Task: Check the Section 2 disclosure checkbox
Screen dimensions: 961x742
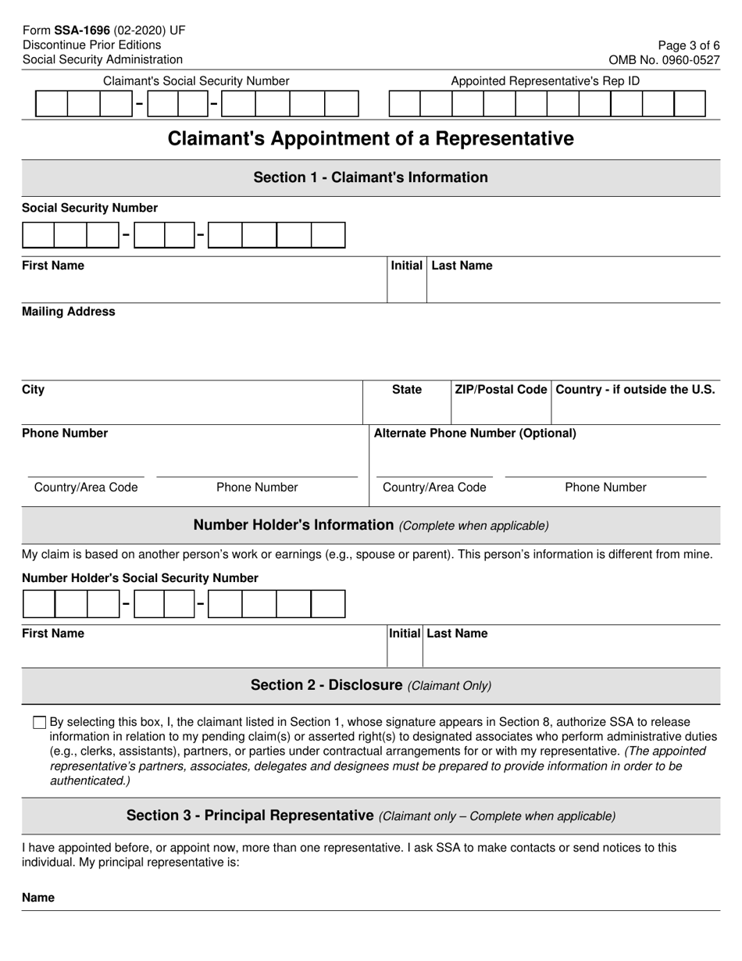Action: point(40,723)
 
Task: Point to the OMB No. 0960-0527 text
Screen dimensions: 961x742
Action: point(664,59)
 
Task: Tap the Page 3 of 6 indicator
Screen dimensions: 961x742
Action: point(687,45)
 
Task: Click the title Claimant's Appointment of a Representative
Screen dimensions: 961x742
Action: point(370,138)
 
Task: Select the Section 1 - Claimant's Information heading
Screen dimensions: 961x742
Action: point(370,177)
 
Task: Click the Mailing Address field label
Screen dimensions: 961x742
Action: point(68,312)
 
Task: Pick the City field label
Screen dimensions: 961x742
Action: point(34,390)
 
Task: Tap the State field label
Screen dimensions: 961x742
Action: point(406,390)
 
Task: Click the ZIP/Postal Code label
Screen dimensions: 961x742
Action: point(501,390)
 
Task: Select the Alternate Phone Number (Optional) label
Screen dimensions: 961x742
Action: point(475,433)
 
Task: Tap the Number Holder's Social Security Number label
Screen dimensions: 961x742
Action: point(140,578)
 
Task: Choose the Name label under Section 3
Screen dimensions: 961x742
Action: point(38,898)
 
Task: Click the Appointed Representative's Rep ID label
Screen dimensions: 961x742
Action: point(545,80)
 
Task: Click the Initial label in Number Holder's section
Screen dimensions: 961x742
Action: point(405,634)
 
